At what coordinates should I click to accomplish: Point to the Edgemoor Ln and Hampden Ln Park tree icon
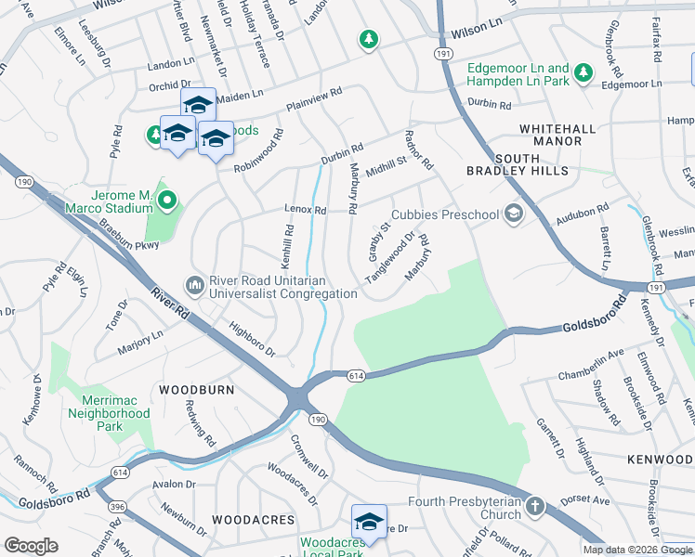click(x=583, y=72)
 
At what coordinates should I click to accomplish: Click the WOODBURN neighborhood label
click(x=196, y=390)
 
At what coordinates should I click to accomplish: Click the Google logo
click(x=31, y=546)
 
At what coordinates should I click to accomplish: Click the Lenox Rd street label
click(x=306, y=211)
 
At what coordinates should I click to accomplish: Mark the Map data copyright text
click(x=637, y=550)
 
